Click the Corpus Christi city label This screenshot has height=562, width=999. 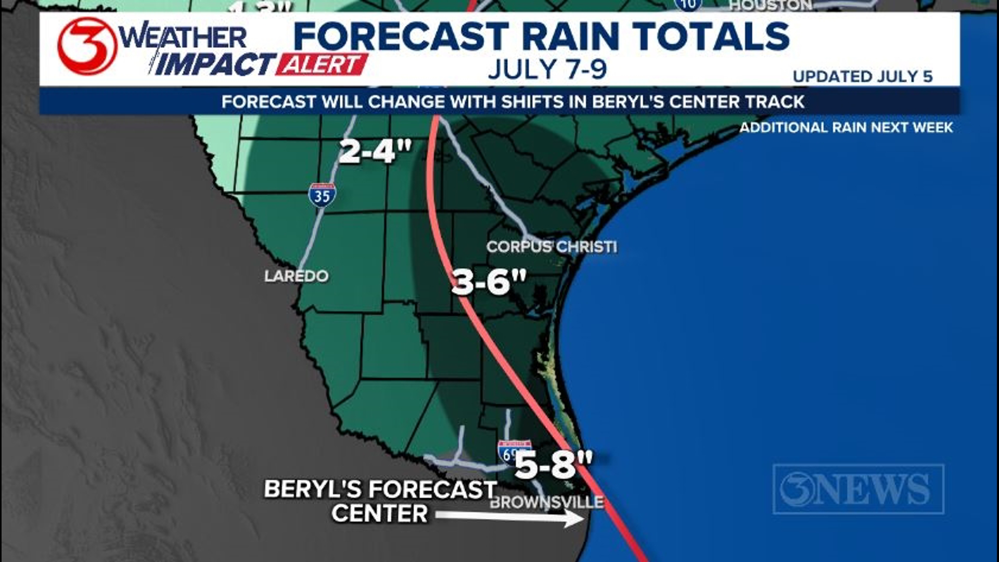tap(552, 247)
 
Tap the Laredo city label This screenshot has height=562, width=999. tap(296, 276)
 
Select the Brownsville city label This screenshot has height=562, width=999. tap(547, 502)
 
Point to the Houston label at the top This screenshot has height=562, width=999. tap(771, 5)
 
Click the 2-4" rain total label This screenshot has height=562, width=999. tap(375, 151)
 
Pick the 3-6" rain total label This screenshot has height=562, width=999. tap(489, 282)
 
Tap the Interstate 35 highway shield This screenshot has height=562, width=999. tap(322, 195)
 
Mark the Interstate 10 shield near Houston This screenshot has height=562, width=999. tap(688, 4)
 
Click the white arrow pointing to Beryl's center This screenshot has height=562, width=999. tap(510, 517)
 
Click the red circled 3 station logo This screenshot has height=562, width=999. tap(87, 46)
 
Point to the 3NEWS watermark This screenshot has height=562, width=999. tap(859, 489)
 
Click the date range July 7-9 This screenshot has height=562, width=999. tap(547, 70)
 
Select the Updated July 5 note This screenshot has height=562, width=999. tap(862, 76)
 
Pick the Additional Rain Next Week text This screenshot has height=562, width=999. tap(846, 127)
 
